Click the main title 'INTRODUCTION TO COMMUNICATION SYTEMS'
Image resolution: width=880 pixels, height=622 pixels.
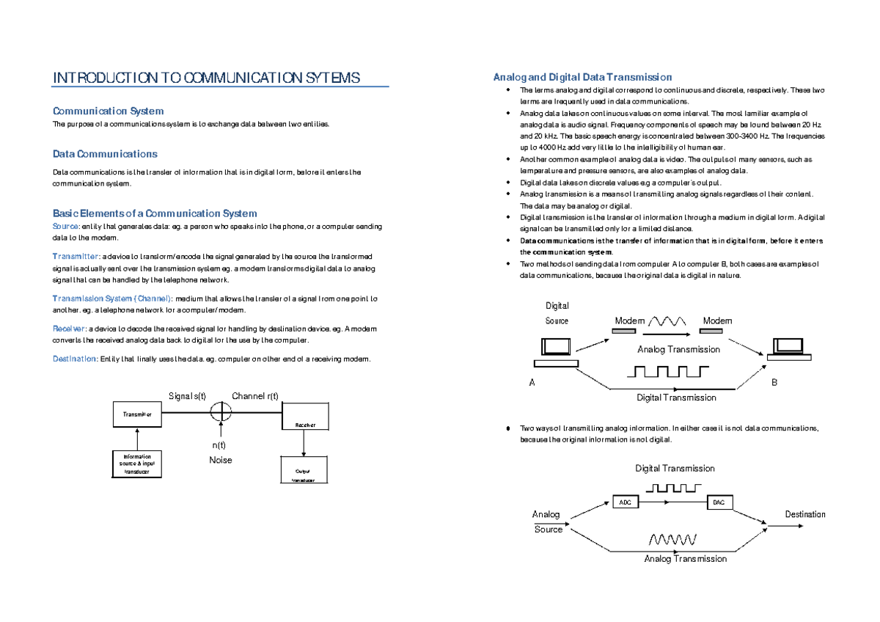[x=207, y=78]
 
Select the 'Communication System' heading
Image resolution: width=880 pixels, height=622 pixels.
[x=108, y=111]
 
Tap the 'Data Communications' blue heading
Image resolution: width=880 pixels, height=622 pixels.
[x=105, y=154]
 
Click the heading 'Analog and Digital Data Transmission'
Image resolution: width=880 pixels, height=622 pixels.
[x=582, y=77]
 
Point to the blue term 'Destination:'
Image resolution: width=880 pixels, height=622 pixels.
[x=75, y=359]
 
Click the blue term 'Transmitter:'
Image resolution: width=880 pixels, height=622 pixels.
[x=76, y=256]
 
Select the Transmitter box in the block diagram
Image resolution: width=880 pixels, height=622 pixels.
[x=137, y=414]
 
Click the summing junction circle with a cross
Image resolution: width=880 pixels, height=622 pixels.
[x=221, y=412]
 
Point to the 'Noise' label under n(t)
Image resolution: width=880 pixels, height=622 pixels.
[x=221, y=460]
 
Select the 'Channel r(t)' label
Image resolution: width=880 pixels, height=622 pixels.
[x=255, y=396]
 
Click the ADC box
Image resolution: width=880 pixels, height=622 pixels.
[x=624, y=502]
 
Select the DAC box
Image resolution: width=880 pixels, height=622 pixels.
[x=719, y=502]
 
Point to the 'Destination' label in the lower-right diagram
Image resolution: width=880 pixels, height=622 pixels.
[x=804, y=514]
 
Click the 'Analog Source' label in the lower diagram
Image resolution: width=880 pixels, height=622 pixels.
[x=547, y=522]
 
